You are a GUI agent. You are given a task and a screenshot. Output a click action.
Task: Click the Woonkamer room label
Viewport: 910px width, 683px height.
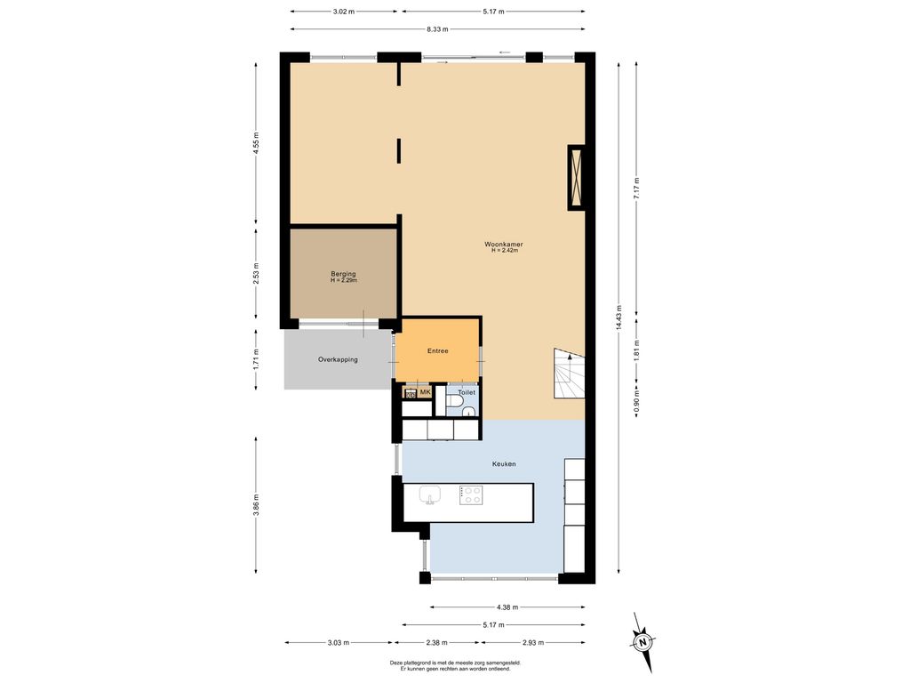[x=504, y=245]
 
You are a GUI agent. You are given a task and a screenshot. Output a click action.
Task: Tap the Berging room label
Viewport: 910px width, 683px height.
[x=344, y=274]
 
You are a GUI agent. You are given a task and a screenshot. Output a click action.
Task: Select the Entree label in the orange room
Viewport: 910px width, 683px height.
[x=437, y=350]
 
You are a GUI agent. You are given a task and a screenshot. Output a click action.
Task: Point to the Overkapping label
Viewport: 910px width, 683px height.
[x=338, y=359]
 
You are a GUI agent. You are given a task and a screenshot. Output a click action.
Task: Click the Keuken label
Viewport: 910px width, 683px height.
[x=504, y=464]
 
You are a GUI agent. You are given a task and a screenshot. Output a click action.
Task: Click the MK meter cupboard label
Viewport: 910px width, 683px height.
[x=426, y=392]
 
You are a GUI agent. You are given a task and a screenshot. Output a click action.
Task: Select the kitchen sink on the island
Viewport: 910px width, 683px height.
[x=430, y=495]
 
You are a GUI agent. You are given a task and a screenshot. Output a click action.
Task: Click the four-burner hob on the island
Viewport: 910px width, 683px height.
[x=471, y=494]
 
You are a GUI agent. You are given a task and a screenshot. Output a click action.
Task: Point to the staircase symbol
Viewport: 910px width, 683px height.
[x=569, y=374]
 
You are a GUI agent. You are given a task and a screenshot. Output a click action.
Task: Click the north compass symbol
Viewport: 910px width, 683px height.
[x=643, y=642]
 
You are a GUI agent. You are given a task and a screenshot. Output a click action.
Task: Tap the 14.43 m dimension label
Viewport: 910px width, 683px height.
[x=619, y=317]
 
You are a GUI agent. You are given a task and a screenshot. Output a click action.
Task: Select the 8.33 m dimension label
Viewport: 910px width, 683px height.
[x=437, y=29]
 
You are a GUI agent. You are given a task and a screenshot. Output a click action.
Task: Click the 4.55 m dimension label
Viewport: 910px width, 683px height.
[x=256, y=143]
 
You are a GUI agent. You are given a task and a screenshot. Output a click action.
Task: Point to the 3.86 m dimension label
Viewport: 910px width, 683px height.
[x=256, y=505]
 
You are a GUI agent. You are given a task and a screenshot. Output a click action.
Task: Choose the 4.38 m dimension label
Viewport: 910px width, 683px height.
[x=507, y=607]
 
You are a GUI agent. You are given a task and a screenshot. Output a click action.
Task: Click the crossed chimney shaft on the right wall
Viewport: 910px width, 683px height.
[x=576, y=177]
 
